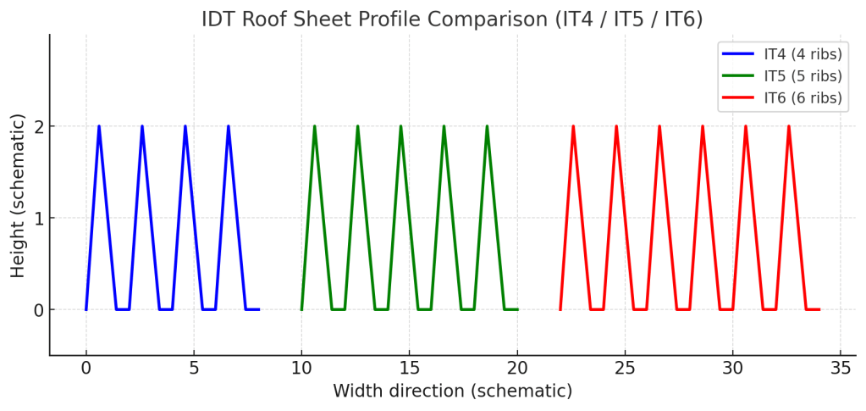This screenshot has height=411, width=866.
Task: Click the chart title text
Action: coord(452,19)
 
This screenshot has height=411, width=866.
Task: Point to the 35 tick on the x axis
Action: coord(840,369)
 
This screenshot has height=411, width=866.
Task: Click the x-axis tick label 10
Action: coord(301,369)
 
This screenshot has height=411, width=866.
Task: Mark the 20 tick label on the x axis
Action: coord(517,369)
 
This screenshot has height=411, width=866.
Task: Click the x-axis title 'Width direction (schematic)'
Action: coord(452,392)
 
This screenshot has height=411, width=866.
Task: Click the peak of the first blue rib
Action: coord(99,127)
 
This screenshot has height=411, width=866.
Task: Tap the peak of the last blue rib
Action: coord(229,127)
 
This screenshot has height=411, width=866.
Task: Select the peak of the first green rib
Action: coord(315,127)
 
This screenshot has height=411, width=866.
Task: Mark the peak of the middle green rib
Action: coord(401,127)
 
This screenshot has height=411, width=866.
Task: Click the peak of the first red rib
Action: coord(573,127)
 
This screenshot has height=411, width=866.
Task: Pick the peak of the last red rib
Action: coord(789,127)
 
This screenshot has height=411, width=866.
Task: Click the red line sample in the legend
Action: coord(737,98)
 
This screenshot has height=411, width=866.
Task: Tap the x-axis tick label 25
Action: coord(625,369)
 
